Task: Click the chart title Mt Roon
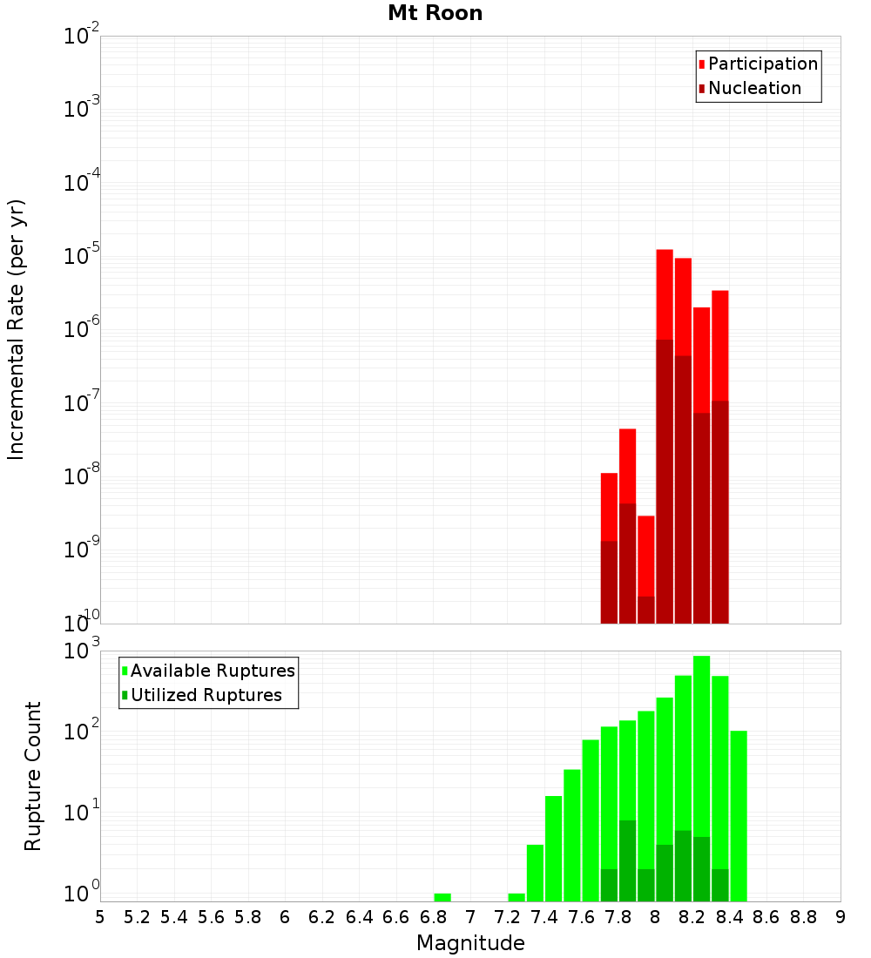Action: pyautogui.click(x=435, y=13)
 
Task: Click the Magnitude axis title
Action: pyautogui.click(x=470, y=942)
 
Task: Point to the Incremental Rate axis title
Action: pyautogui.click(x=17, y=330)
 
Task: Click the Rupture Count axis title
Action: pyautogui.click(x=33, y=776)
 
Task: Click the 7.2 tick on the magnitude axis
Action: pyautogui.click(x=507, y=917)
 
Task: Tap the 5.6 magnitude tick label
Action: pyautogui.click(x=211, y=917)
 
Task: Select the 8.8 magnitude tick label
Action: pyautogui.click(x=803, y=917)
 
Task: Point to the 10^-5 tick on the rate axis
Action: pyautogui.click(x=83, y=257)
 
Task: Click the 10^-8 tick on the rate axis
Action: pyautogui.click(x=83, y=477)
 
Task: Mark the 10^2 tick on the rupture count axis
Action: pyautogui.click(x=83, y=731)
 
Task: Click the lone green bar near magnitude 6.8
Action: pyautogui.click(x=442, y=897)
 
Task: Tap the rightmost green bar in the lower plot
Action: pyautogui.click(x=739, y=814)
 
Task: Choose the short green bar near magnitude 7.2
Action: pyautogui.click(x=517, y=897)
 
